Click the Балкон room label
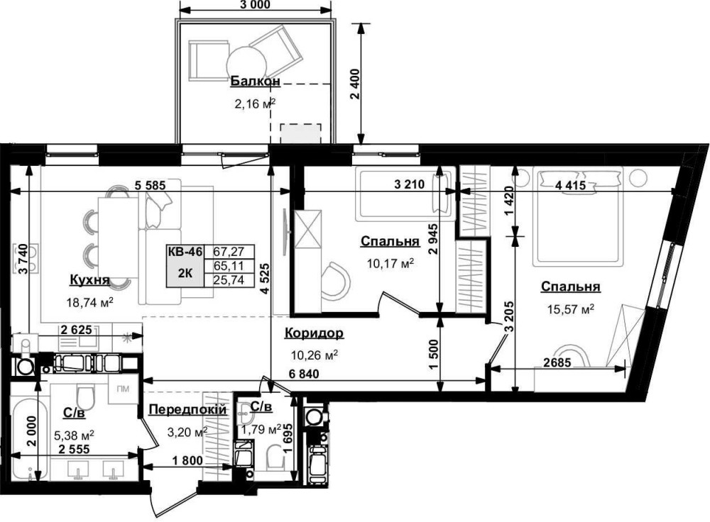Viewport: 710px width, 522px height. click(256, 82)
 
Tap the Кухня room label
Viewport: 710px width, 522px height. click(89, 280)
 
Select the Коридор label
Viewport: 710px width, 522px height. click(314, 333)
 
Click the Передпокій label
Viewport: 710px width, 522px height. click(187, 410)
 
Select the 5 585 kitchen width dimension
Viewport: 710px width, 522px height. click(150, 185)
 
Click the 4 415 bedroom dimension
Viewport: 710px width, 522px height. click(570, 185)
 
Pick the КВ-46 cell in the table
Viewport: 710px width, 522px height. click(185, 252)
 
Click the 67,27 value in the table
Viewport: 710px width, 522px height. click(229, 252)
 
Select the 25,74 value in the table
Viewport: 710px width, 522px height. click(229, 280)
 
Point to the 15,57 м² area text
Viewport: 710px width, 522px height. click(571, 310)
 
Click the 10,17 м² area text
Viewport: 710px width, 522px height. click(390, 263)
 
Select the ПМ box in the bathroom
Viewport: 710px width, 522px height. click(123, 389)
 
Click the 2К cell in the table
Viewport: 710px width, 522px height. click(185, 273)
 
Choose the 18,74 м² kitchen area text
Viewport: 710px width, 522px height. click(89, 303)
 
